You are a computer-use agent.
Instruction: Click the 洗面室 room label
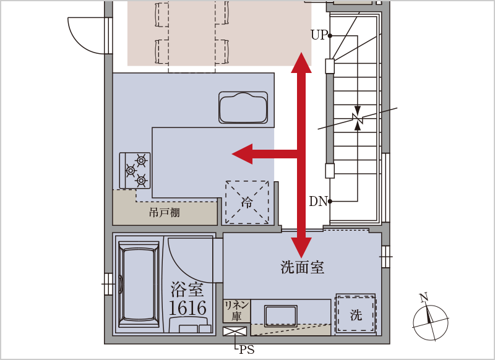coord(302,267)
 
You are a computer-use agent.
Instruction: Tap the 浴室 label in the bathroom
coord(187,289)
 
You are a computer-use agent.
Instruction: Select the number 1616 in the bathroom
coord(188,308)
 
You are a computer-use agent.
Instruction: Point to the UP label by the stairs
coord(319,35)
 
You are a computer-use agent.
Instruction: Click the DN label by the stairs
coord(318,201)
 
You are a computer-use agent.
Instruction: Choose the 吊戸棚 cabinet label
coord(165,213)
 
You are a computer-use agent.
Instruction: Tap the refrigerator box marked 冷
coord(247,202)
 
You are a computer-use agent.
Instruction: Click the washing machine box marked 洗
coord(356,314)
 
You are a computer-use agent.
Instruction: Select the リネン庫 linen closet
coord(236,311)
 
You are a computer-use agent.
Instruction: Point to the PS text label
coord(247,350)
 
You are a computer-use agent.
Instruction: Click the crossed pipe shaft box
coord(235,332)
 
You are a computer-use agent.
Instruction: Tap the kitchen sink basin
coord(243,107)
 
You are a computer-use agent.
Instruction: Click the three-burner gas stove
coord(135,170)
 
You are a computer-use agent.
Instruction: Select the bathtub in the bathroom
coord(139,285)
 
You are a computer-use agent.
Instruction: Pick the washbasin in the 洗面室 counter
coord(281,315)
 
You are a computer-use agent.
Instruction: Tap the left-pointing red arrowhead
coord(243,154)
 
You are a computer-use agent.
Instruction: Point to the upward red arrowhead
coord(301,62)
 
